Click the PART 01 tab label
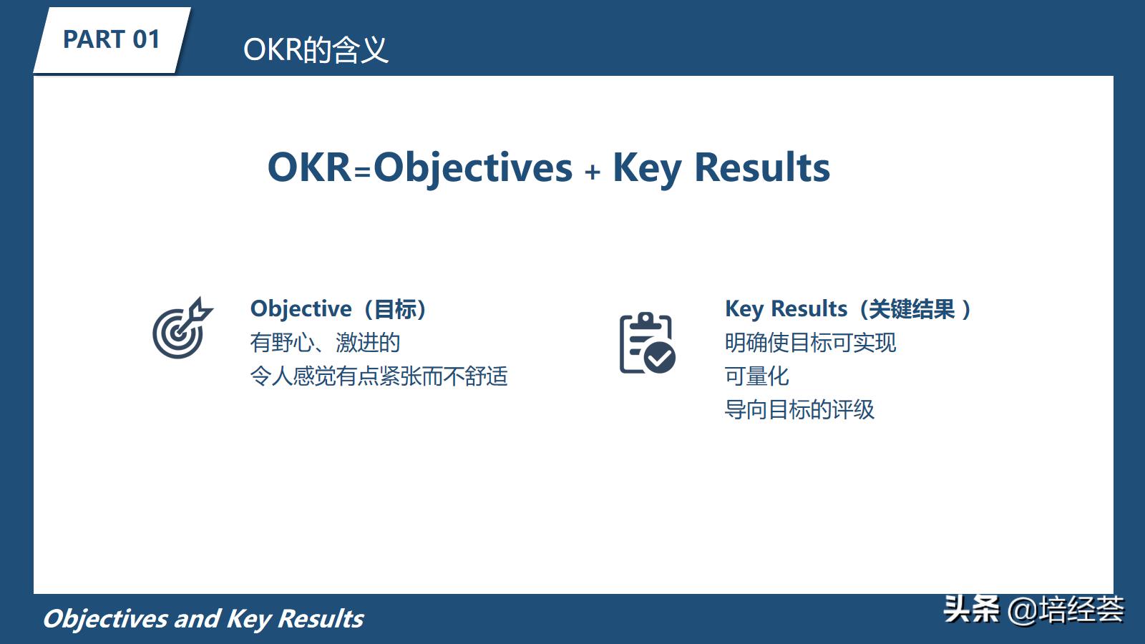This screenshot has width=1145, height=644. point(111,39)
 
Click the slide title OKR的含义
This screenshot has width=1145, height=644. point(316,49)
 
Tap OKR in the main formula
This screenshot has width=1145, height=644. point(309,167)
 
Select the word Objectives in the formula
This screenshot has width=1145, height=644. point(473,167)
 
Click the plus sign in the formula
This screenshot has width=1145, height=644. point(592,172)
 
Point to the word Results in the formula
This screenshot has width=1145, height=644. point(762,167)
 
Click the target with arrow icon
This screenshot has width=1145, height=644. point(181,329)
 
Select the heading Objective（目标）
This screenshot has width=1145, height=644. point(338,309)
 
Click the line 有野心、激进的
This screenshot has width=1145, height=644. point(325,343)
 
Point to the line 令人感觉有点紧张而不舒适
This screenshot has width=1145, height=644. point(379,376)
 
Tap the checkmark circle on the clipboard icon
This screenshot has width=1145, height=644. point(660,357)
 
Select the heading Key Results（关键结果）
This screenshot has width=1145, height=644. point(848,309)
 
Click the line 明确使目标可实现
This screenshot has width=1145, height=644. point(810,343)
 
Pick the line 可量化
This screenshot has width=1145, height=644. point(756,376)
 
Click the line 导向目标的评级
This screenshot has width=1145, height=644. point(799,410)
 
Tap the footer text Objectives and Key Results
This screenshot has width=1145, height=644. point(203,619)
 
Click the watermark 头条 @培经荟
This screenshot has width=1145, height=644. point(1033,610)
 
